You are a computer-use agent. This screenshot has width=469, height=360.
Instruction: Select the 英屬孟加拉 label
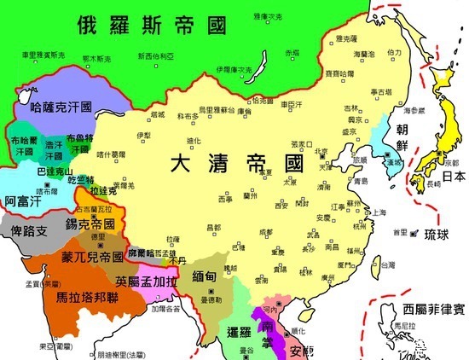pyautogui.click(x=150, y=281)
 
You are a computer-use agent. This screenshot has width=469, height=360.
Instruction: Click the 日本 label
pyautogui.click(x=454, y=177)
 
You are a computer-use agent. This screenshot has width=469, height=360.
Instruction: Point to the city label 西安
pyautogui.click(x=279, y=206)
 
